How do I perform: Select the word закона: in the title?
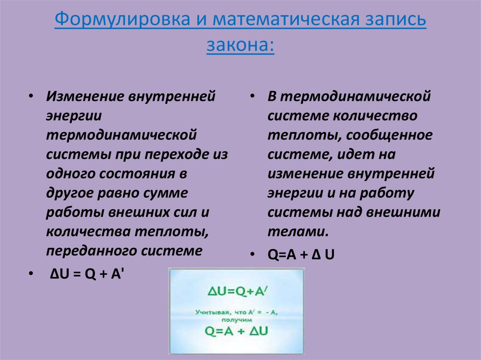click(x=240, y=46)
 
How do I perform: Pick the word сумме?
click(x=164, y=193)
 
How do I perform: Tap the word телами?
click(x=297, y=231)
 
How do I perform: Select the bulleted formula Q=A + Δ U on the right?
click(x=301, y=255)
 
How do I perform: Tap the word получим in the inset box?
click(x=236, y=319)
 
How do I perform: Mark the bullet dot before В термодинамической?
click(x=253, y=97)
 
